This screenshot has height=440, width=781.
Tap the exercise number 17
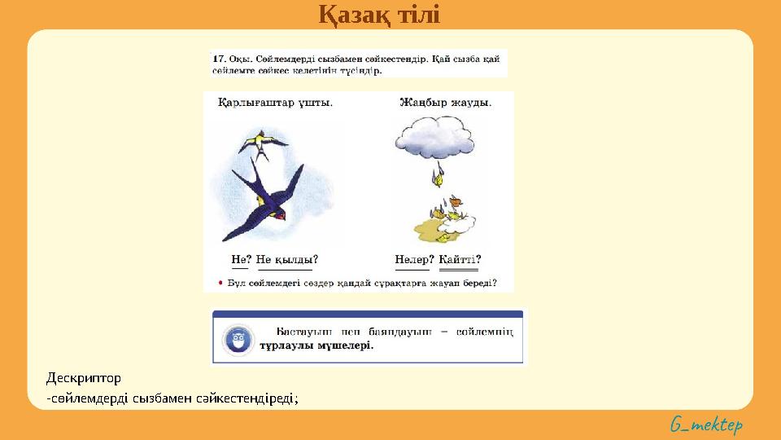[x=218, y=59]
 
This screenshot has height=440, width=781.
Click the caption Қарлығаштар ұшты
[x=275, y=103]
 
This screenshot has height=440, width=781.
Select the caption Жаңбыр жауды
[x=445, y=103]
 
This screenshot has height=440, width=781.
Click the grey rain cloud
[x=434, y=135]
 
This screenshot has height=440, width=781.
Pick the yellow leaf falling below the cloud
[x=438, y=173]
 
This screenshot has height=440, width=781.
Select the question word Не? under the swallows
[x=241, y=260]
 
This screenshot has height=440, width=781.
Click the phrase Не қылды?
[x=286, y=260]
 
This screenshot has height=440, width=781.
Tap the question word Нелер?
[x=414, y=260]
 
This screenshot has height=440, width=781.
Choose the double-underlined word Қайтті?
[x=460, y=260]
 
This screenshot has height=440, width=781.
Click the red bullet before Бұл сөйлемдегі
[x=220, y=283]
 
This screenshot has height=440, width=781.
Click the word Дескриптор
[x=83, y=378]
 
